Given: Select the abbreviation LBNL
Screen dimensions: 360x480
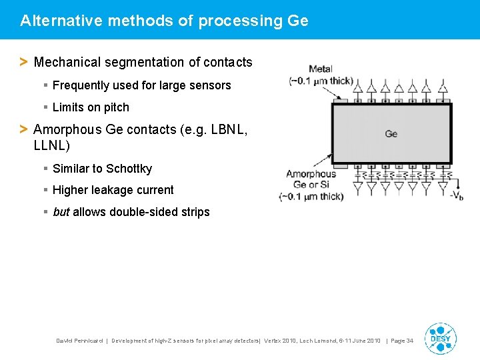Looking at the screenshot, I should pyautogui.click(x=229, y=129).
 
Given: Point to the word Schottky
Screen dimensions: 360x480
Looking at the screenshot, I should pyautogui.click(x=128, y=169).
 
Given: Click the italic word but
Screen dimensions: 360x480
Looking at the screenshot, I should pyautogui.click(x=61, y=212).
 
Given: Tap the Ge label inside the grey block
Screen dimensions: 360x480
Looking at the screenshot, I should pyautogui.click(x=391, y=134).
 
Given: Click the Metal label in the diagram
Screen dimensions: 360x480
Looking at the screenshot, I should pyautogui.click(x=321, y=69).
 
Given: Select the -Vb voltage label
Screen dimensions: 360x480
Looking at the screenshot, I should pyautogui.click(x=457, y=195).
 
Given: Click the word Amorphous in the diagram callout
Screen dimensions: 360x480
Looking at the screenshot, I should pyautogui.click(x=311, y=175).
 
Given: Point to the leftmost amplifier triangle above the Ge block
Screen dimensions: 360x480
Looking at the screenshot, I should pyautogui.click(x=357, y=87).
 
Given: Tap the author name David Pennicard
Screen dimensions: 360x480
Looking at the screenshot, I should pyautogui.click(x=79, y=341).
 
